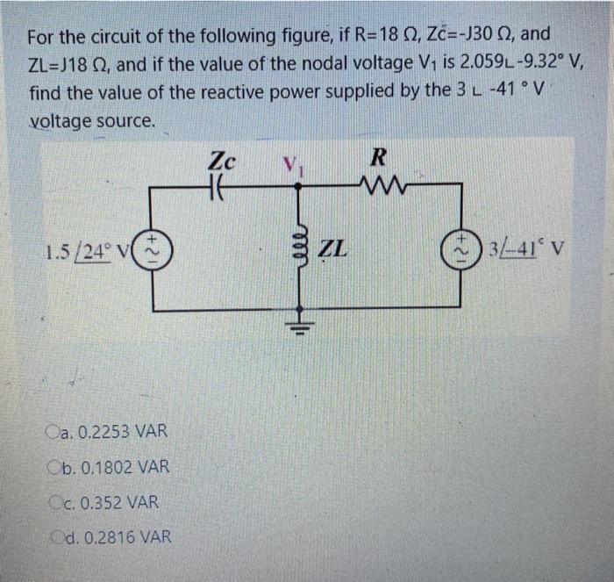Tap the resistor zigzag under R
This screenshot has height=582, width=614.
[x=381, y=186]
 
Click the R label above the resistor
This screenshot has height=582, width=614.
[x=379, y=159]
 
